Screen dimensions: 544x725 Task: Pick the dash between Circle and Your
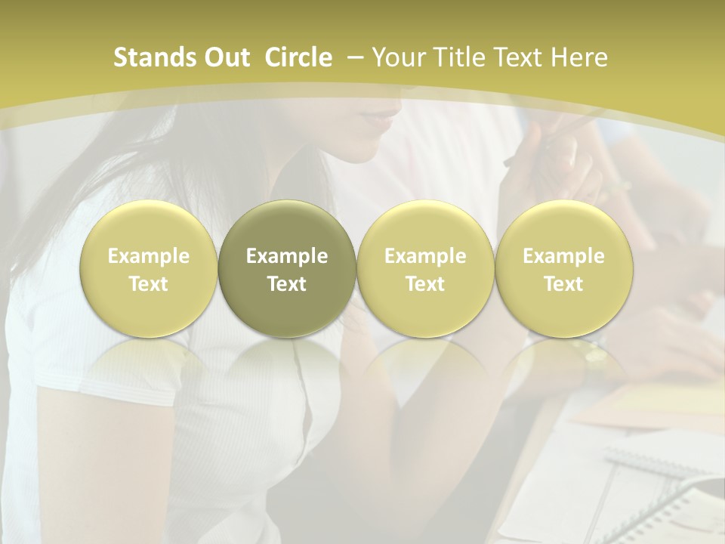tap(355, 57)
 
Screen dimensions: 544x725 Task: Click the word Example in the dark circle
tap(287, 256)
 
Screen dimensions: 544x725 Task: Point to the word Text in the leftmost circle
tap(149, 284)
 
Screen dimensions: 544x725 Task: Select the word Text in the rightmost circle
tap(563, 284)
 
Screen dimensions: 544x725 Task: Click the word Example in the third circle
tap(425, 256)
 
